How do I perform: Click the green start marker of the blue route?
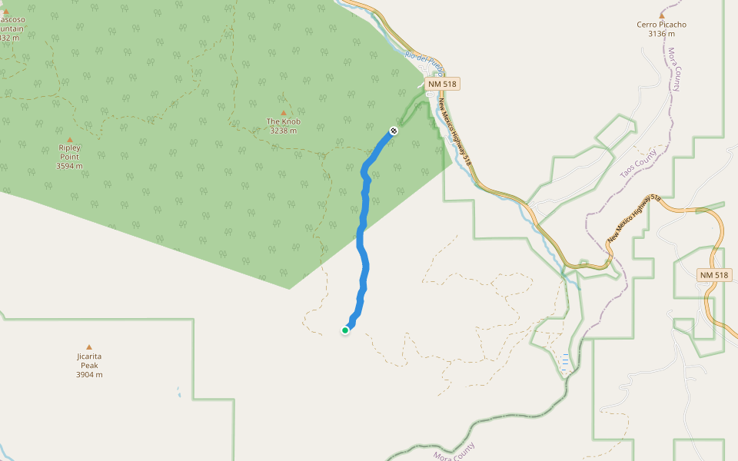click(x=345, y=330)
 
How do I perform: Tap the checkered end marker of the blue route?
click(x=394, y=131)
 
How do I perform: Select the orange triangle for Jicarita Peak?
click(x=89, y=347)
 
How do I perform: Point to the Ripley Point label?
click(x=69, y=151)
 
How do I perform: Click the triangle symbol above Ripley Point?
click(x=69, y=139)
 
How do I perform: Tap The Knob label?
click(x=283, y=121)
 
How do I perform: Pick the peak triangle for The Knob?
click(x=283, y=113)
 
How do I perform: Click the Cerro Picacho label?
click(x=661, y=25)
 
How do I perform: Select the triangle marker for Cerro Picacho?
click(x=661, y=15)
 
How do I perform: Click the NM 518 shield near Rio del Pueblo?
click(x=444, y=83)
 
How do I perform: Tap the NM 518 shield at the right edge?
click(x=715, y=275)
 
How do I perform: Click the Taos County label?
click(x=639, y=164)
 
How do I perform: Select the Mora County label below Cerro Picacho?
click(x=674, y=69)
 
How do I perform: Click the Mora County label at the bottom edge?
click(x=454, y=453)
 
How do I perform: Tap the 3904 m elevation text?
click(x=89, y=375)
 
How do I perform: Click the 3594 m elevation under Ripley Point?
click(x=69, y=165)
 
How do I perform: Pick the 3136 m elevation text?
click(x=661, y=34)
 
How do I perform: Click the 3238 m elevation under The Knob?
click(x=283, y=131)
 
